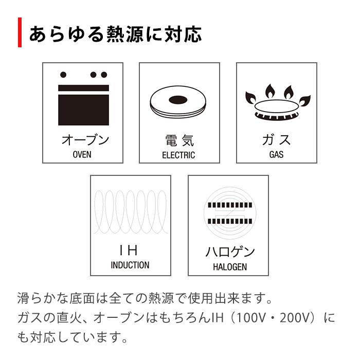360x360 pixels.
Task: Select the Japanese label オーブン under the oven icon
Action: [83, 140]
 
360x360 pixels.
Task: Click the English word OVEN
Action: [82, 154]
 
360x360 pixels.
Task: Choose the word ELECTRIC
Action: [179, 155]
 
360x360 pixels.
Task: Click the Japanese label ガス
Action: [277, 140]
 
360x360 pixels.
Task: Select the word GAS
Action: [276, 154]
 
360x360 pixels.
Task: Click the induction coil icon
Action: [131, 212]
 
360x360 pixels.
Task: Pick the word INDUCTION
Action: [130, 265]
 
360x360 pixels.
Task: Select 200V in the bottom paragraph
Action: [295, 318]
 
